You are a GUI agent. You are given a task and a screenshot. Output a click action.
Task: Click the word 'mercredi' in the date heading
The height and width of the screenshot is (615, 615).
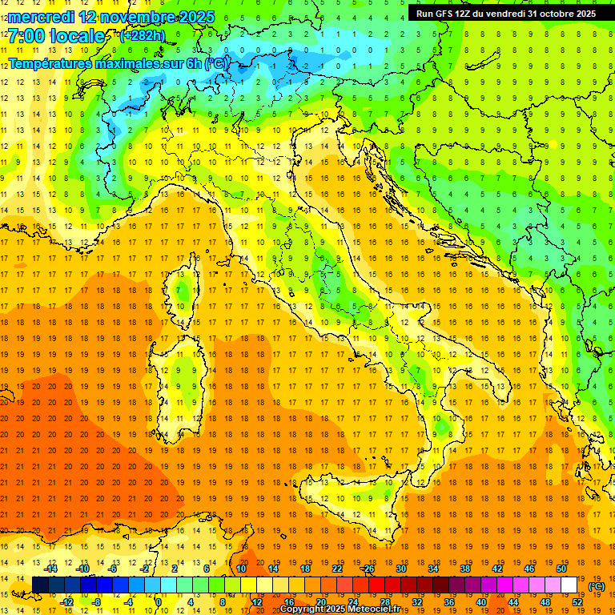click(42, 17)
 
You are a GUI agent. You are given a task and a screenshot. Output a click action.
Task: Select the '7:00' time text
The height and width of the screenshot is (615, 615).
click(27, 36)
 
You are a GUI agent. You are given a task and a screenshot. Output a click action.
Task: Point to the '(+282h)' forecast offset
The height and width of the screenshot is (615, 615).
click(142, 36)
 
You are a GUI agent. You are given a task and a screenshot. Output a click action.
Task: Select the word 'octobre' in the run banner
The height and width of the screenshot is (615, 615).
click(563, 14)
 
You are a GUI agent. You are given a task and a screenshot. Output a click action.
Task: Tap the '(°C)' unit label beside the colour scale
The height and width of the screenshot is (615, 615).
click(597, 586)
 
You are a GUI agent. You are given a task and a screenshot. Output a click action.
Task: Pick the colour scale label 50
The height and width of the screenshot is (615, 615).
click(561, 569)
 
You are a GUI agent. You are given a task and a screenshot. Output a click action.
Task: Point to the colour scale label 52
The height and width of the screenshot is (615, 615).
click(577, 602)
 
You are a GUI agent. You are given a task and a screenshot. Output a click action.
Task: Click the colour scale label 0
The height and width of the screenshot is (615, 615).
click(159, 602)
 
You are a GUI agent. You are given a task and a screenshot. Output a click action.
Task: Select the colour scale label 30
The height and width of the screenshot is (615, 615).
click(400, 569)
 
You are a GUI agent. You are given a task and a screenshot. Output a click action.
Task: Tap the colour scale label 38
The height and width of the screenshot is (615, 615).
click(464, 569)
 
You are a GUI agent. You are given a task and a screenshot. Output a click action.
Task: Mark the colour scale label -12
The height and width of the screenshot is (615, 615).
click(67, 602)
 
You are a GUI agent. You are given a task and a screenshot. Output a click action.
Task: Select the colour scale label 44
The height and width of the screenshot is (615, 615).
click(512, 602)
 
